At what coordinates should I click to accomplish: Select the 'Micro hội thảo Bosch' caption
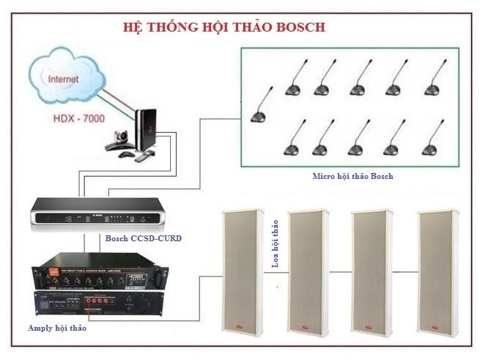click(x=352, y=176)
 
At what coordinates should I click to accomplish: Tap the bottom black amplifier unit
click(x=98, y=301)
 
